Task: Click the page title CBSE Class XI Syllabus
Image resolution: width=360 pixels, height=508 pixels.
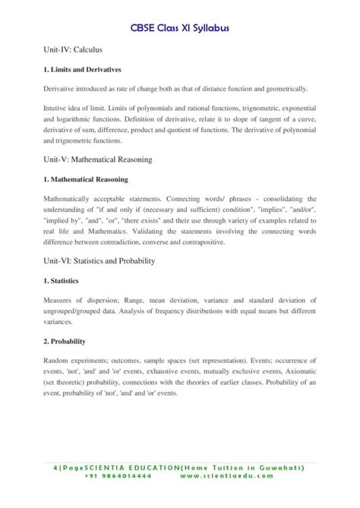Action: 179,27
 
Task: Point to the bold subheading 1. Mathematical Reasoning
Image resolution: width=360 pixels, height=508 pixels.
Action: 86,180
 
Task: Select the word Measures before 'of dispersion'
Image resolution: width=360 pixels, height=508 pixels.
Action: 59,301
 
